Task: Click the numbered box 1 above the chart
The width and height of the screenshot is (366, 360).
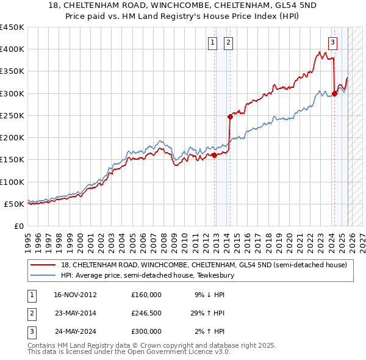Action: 212,42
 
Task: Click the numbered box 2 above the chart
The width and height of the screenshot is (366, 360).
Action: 228,42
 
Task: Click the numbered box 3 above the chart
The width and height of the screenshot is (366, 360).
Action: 332,42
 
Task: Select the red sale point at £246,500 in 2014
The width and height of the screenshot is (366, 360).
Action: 230,116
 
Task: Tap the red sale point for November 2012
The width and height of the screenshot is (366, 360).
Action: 215,155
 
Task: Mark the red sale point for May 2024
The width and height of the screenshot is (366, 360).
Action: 334,93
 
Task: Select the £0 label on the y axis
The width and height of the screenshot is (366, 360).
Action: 18,226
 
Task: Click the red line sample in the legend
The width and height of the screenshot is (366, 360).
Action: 43,265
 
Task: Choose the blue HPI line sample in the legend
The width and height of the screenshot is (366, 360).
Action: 43,275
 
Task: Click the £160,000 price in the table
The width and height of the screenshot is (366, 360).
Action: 146,295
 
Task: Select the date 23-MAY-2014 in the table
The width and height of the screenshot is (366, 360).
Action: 75,313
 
